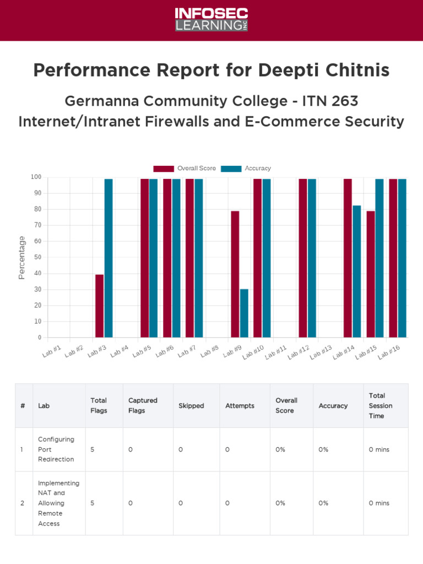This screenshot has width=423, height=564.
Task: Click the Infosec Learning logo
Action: pyautogui.click(x=211, y=20)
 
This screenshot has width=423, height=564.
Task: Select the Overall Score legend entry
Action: pyautogui.click(x=185, y=169)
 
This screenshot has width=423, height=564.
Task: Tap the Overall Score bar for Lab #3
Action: pyautogui.click(x=99, y=306)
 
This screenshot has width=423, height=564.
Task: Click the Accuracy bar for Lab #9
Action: pyautogui.click(x=244, y=313)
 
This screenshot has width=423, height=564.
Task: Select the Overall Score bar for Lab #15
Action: pyautogui.click(x=371, y=274)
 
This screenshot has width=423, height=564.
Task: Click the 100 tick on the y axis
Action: pyautogui.click(x=36, y=177)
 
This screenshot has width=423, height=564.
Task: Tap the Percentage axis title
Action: pyautogui.click(x=22, y=257)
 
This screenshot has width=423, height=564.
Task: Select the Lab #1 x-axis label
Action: pyautogui.click(x=53, y=351)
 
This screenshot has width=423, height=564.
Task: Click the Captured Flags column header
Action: pyautogui.click(x=143, y=405)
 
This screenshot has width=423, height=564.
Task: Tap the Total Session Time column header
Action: pyautogui.click(x=381, y=405)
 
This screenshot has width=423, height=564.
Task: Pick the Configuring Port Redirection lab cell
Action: pyautogui.click(x=56, y=449)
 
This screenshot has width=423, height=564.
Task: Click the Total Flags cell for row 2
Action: pyautogui.click(x=93, y=503)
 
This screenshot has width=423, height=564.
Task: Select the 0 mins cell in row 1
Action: pyautogui.click(x=379, y=449)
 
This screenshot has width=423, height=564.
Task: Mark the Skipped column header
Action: pyautogui.click(x=191, y=406)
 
